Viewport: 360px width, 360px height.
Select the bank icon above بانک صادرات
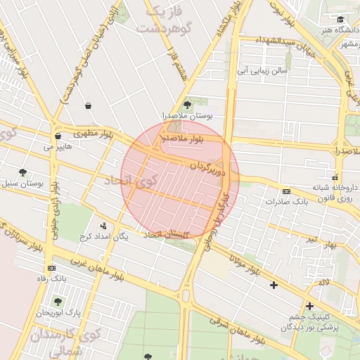click(x=286, y=191)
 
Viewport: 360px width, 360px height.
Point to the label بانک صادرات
click(x=287, y=202)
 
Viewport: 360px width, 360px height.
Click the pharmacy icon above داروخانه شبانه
click(x=335, y=176)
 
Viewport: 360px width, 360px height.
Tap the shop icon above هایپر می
click(x=58, y=136)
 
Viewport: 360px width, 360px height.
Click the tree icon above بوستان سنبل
click(x=22, y=172)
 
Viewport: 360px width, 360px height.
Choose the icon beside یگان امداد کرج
click(x=104, y=226)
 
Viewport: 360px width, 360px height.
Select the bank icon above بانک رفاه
click(x=51, y=268)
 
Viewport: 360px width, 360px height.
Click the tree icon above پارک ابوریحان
click(x=58, y=302)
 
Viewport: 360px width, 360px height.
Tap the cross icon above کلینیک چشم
click(x=309, y=306)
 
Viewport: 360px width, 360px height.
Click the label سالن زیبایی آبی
click(x=261, y=71)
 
